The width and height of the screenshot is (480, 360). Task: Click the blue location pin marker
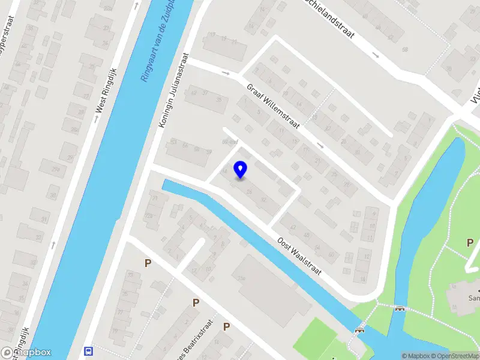[241, 169]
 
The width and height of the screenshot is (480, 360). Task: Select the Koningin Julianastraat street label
[173, 89]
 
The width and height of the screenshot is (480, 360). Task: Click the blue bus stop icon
[89, 351]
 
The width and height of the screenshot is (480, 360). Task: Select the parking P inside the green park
[470, 242]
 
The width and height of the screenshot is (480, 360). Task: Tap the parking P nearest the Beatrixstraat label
[226, 326]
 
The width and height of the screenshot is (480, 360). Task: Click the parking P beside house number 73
[148, 263]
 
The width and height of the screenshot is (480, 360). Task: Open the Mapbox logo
[26, 352]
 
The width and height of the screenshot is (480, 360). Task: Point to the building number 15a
[242, 278]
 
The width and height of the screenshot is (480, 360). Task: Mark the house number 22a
[148, 215]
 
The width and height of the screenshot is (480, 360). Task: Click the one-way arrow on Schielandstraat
[376, 55]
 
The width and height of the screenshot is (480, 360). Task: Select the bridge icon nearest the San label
[400, 309]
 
